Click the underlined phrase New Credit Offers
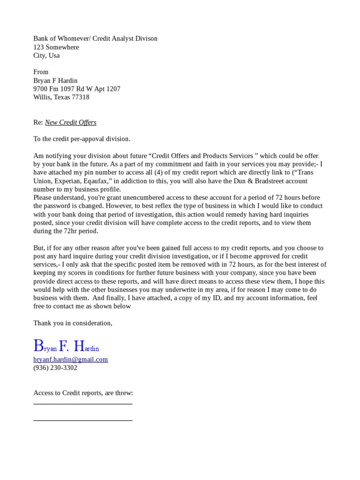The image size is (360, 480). [70, 122]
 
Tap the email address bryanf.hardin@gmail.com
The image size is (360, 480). [70, 360]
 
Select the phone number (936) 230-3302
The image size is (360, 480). [55, 368]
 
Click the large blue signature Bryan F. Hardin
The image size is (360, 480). [66, 347]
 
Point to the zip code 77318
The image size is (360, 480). [80, 97]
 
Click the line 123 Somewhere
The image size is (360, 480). [56, 47]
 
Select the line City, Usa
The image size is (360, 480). [46, 55]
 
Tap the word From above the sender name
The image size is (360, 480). [41, 72]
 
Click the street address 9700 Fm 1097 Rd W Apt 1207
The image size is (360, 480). [76, 89]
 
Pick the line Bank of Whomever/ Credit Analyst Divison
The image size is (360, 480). [95, 38]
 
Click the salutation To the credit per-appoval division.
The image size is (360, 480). [82, 139]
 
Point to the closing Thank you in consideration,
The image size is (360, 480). [73, 323]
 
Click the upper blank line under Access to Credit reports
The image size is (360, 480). [82, 403]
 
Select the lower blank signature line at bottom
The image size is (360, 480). [82, 420]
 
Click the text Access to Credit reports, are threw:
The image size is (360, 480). [83, 393]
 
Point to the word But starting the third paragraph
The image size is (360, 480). [39, 247]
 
